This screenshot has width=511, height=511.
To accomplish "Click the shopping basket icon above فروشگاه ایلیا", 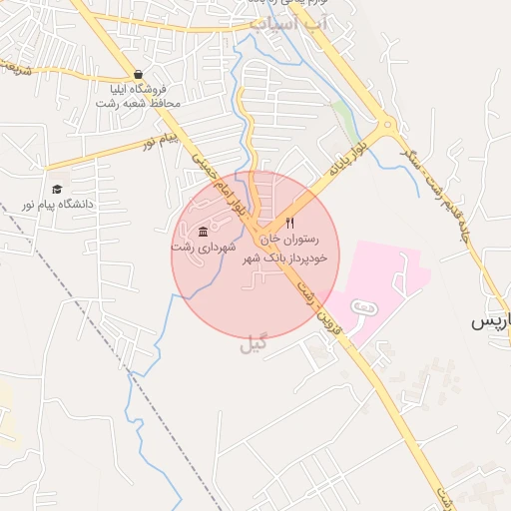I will coord(138,75).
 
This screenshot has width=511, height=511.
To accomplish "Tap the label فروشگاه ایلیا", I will coord(138,90).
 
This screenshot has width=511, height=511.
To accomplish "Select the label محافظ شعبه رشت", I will coord(139,104).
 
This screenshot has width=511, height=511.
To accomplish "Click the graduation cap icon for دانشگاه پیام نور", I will coord(57,189).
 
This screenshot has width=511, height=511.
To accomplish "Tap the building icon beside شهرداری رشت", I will coord(203,232).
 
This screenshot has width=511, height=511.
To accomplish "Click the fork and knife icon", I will coord(290,224).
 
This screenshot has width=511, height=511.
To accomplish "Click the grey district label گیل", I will coord(255,344).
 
